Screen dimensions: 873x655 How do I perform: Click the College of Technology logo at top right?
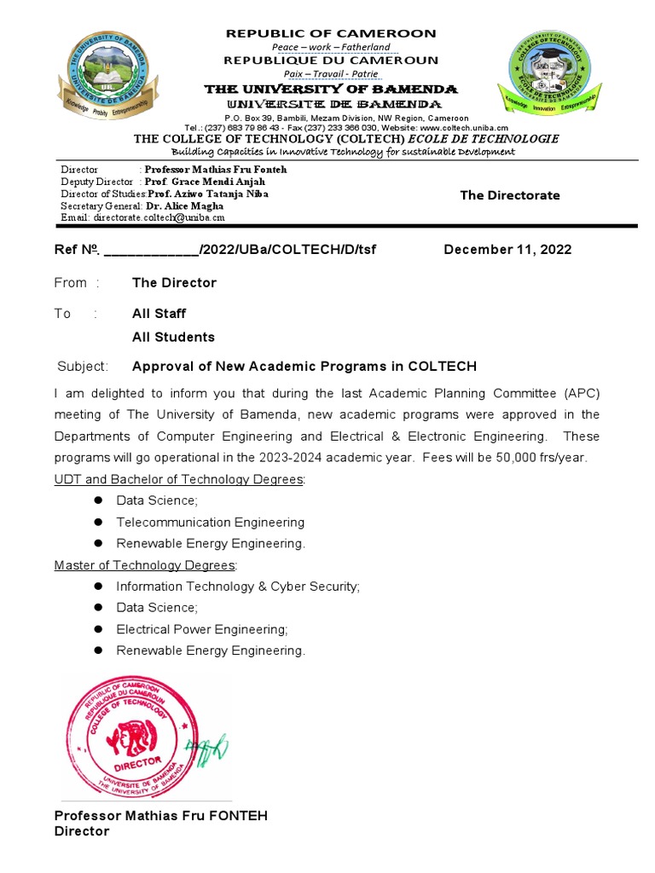click(554, 74)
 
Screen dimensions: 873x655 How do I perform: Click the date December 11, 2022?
click(507, 250)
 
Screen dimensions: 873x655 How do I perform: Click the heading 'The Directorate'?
click(510, 195)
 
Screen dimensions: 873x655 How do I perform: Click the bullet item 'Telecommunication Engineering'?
click(210, 522)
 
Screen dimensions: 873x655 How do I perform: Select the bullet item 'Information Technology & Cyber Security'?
click(238, 587)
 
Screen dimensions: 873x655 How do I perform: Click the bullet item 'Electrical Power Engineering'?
click(202, 629)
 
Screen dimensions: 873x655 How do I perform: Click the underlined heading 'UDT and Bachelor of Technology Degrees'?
click(179, 479)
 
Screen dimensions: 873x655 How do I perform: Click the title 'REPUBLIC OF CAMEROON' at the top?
click(330, 33)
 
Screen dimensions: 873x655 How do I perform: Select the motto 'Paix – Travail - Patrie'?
click(330, 74)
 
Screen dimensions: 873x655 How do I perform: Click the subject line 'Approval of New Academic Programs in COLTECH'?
click(304, 367)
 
